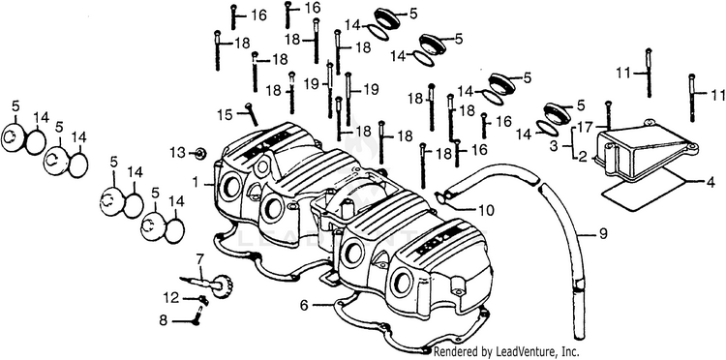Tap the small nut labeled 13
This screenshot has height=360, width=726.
200,153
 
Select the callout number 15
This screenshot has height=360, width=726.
225,114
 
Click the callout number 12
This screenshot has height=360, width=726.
170,297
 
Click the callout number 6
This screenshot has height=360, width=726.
304,305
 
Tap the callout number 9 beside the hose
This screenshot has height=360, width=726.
602,234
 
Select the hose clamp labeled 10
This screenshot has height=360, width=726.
441,197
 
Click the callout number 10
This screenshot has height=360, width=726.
486,211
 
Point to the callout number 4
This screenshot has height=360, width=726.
711,182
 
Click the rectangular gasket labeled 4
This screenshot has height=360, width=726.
643,190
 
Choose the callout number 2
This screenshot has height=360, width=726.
583,157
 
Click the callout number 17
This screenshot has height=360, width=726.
584,127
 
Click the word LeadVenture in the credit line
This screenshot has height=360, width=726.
513,351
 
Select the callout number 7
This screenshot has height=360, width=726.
199,258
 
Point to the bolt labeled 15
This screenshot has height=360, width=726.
252,114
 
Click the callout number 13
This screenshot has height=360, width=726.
177,152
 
